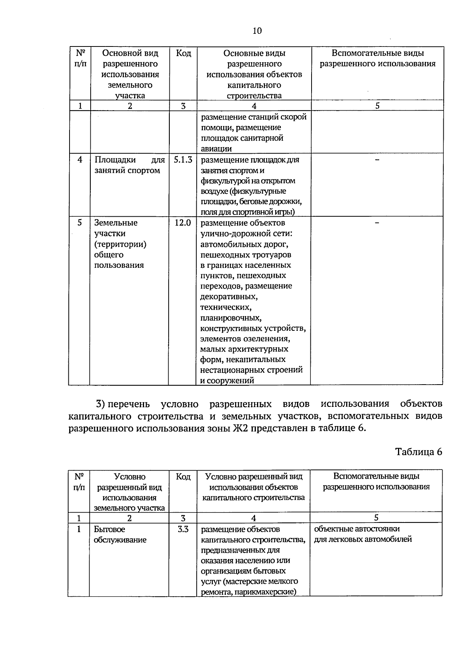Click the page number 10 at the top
pyautogui.click(x=257, y=31)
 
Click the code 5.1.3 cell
pyautogui.click(x=183, y=160)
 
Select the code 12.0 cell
pyautogui.click(x=183, y=223)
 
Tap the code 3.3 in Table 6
pyautogui.click(x=183, y=529)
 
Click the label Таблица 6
pyautogui.click(x=419, y=452)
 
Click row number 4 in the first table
pyautogui.click(x=80, y=160)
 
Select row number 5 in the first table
pyautogui.click(x=80, y=223)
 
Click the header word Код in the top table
pyautogui.click(x=183, y=53)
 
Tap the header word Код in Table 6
pyautogui.click(x=183, y=477)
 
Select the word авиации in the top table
pyautogui.click(x=216, y=149)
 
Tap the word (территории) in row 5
pyautogui.click(x=120, y=244)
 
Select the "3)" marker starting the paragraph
pyautogui.click(x=100, y=404)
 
